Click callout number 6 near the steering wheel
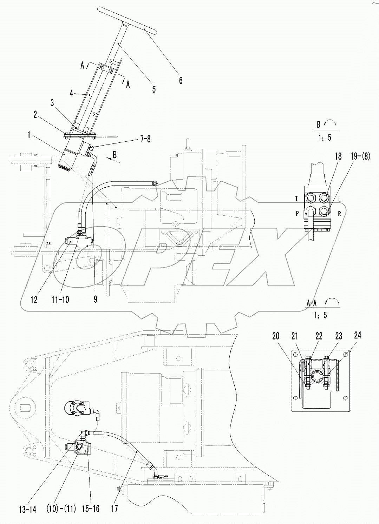[181, 80]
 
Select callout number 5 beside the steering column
[153, 89]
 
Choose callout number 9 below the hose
[96, 299]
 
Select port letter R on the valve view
[340, 214]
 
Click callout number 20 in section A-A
[276, 336]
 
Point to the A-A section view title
[312, 304]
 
